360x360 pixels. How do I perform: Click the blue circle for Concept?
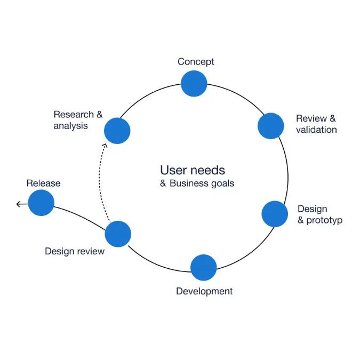click(x=194, y=84)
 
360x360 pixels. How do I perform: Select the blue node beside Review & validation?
click(x=270, y=126)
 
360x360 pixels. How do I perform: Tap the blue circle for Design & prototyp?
click(x=275, y=214)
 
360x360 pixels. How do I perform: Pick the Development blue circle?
click(x=203, y=268)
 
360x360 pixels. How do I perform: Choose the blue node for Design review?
click(x=118, y=234)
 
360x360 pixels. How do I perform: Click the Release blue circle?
click(x=41, y=203)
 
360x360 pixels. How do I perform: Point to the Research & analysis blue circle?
click(x=117, y=131)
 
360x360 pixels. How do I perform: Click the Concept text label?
click(x=196, y=62)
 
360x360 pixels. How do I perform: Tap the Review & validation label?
click(x=316, y=124)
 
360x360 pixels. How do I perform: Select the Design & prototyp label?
click(x=319, y=214)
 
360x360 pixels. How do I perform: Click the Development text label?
click(x=204, y=291)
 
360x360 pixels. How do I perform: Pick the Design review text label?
click(x=75, y=251)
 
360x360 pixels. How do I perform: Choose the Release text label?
click(x=43, y=183)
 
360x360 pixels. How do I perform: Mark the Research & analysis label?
click(x=78, y=120)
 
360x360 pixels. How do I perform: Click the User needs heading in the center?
click(x=193, y=170)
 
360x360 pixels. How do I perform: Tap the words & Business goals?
click(x=197, y=183)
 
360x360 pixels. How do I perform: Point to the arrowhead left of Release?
click(x=19, y=204)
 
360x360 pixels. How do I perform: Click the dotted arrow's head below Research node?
click(x=105, y=145)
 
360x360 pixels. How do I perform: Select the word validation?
click(x=316, y=130)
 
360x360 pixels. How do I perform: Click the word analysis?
click(x=70, y=126)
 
